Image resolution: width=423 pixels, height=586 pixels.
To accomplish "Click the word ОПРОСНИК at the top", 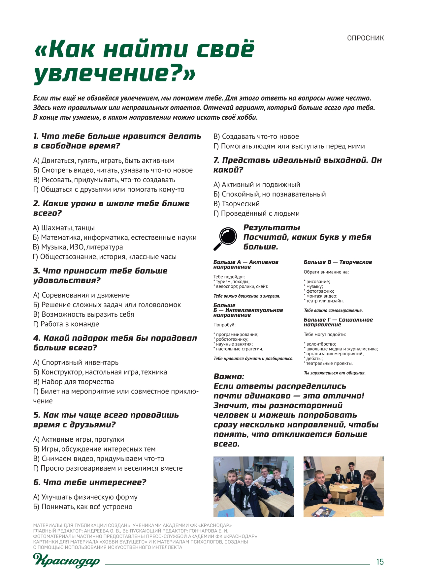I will [x=365, y=38].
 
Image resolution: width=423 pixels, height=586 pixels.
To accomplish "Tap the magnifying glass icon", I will [x=225, y=238].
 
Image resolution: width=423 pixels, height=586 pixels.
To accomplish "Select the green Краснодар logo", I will [x=66, y=560].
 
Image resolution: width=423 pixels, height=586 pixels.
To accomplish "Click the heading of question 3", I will [x=100, y=276].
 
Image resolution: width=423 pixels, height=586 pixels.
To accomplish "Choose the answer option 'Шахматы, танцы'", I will [x=64, y=228].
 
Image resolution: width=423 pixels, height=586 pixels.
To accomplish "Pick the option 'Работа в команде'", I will [x=66, y=324].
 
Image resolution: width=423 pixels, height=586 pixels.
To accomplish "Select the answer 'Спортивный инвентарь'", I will [x=76, y=363].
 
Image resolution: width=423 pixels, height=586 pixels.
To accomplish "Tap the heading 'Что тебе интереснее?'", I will [x=90, y=483].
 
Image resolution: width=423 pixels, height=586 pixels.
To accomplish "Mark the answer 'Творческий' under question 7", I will [x=237, y=204].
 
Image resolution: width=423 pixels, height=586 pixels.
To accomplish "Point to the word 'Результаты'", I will [x=272, y=228].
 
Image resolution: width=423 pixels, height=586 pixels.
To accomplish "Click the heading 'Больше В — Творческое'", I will [x=338, y=262].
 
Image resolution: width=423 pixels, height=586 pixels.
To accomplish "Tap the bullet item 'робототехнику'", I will [x=232, y=339].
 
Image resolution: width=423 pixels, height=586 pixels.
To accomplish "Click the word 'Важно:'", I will [x=229, y=377].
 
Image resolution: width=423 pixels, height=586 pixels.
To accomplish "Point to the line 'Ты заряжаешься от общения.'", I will [x=334, y=373].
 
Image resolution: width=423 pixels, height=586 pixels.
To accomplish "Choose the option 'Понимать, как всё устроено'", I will [x=83, y=507].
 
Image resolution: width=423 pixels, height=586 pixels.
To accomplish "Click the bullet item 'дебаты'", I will [x=314, y=359].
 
